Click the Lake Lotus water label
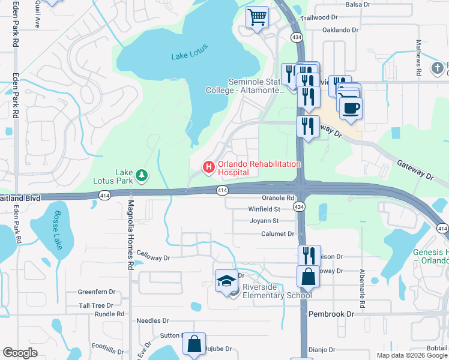[187, 55]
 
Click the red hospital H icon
[209, 167]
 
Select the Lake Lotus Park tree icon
[142, 175]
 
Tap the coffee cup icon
[351, 108]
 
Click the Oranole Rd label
[278, 197]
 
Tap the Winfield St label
[265, 209]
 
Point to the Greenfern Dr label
[96, 292]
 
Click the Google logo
[20, 353]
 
